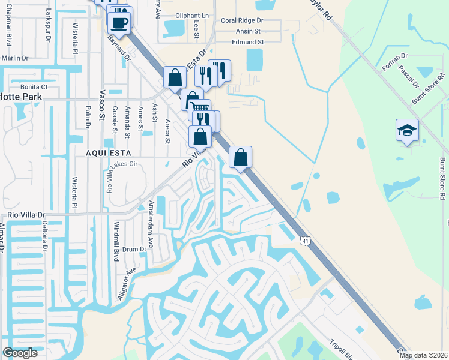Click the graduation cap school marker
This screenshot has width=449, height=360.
pos(407,130)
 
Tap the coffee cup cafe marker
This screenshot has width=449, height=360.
pos(119,23)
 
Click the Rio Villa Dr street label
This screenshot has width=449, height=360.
pos(26,214)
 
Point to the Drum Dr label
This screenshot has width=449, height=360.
pos(135,249)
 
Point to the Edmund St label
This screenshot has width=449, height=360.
pos(248,42)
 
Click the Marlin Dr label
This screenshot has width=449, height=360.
pos(15,58)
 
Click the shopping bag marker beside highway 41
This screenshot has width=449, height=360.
pos(240,158)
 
